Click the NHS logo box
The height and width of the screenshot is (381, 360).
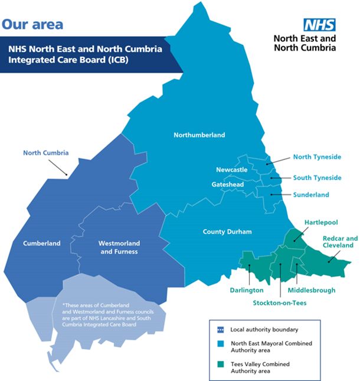tap(319, 25)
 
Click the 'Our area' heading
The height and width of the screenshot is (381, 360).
tap(32, 25)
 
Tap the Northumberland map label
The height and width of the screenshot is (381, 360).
tap(199, 135)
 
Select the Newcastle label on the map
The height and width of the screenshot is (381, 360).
tap(231, 170)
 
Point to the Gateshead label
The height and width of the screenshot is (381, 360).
tap(228, 185)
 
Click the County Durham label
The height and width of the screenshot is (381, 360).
tap(227, 232)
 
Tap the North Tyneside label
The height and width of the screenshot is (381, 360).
tap(317, 158)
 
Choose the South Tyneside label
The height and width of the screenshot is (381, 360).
tap(317, 178)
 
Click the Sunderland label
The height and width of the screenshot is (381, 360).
tap(311, 195)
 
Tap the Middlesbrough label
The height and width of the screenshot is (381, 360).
tap(311, 291)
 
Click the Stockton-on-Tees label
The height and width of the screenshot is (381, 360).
tap(280, 303)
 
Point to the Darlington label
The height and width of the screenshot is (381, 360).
tap(247, 291)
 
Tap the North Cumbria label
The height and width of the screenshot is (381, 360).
tap(46, 153)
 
